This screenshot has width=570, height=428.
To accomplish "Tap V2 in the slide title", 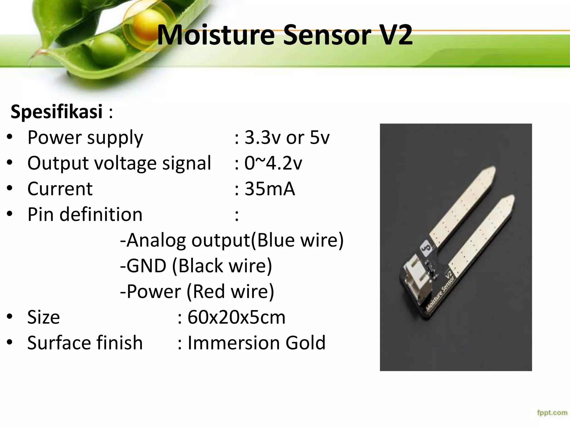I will coord(395,36).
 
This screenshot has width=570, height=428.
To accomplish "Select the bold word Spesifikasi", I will coord(56,111).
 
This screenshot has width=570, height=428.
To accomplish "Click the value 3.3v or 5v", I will coord(287,138).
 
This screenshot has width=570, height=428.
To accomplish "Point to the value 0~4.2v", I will coord(273,163).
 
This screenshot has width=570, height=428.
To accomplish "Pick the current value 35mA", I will coord(269,189).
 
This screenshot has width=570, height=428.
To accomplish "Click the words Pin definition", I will coord(85,215).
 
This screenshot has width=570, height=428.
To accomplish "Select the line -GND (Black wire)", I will coord(196,266).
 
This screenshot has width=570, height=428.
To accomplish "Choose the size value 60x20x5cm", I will coord(236,317).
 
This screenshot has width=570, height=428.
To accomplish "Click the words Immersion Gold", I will coord(256,343).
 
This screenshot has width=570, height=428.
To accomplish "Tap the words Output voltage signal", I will coord(119,163).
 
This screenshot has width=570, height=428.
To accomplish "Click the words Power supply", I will coord(85,138).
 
